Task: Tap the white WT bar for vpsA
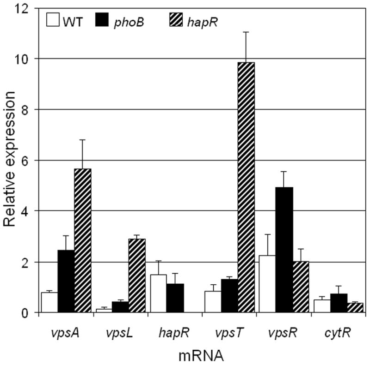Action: coord(49,302)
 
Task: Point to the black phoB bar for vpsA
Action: coord(66,281)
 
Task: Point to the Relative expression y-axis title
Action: coord(11,159)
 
